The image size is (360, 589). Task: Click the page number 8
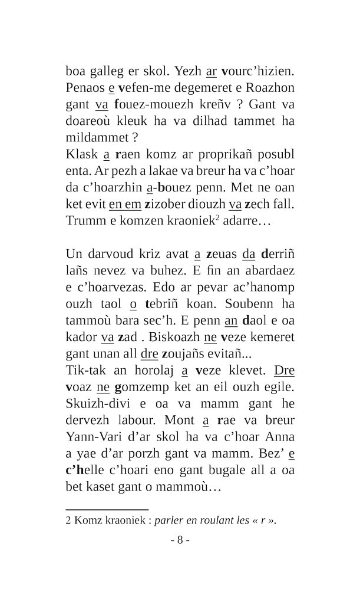(x=180, y=540)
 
